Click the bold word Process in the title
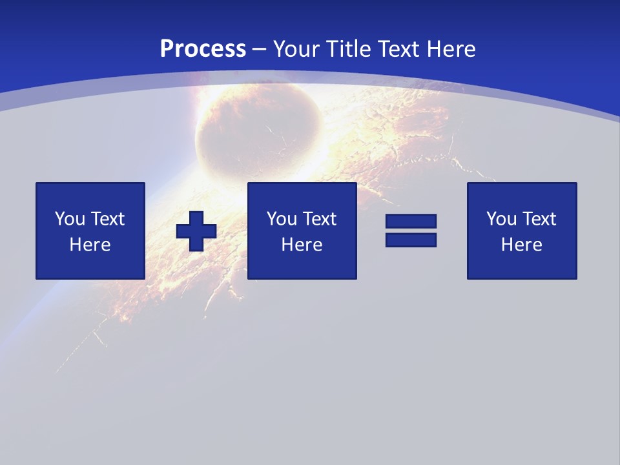tap(203, 49)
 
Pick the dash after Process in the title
tap(260, 50)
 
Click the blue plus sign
tap(196, 231)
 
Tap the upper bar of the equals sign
tap(411, 221)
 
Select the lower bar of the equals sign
tap(411, 240)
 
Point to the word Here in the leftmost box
tap(90, 245)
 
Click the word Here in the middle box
tap(302, 245)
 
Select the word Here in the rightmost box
tap(522, 245)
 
